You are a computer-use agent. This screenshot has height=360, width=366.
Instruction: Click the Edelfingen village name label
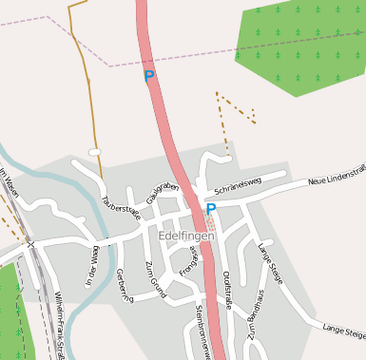[x=188, y=234]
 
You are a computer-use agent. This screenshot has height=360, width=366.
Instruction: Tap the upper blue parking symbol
[x=149, y=75]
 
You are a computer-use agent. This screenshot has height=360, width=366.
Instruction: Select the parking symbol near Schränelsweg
[x=211, y=208]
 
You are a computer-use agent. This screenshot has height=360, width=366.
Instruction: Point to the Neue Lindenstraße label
[x=337, y=174]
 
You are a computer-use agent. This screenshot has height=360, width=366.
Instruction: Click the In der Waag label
[x=93, y=267]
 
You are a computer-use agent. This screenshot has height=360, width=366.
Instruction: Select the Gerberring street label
[x=122, y=283]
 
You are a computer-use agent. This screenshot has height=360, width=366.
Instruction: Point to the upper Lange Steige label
[x=270, y=261]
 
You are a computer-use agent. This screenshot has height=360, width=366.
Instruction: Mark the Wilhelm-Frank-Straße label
[x=59, y=326]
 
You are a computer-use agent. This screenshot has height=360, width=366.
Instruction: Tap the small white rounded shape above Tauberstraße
[x=94, y=152]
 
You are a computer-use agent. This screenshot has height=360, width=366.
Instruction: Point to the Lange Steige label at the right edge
[x=344, y=331]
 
